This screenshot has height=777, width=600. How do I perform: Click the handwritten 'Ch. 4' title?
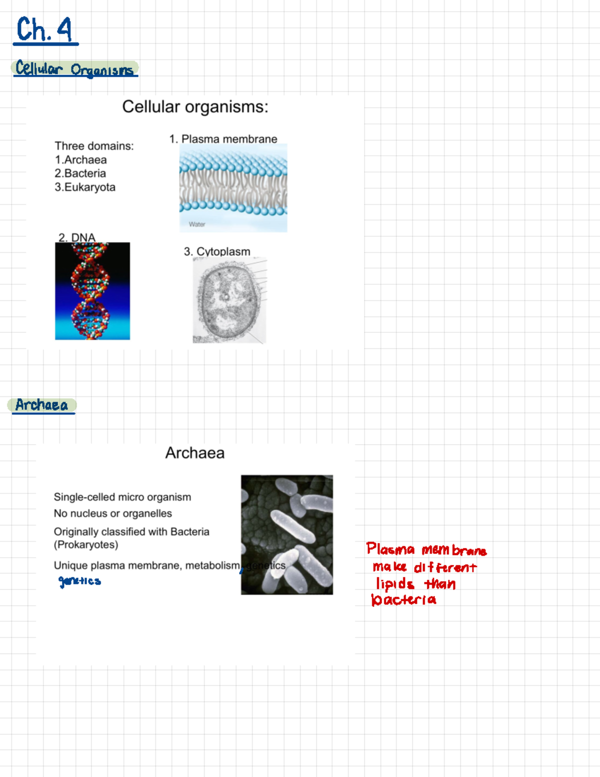[x=44, y=30]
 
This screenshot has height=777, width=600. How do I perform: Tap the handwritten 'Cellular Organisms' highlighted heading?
[x=74, y=69]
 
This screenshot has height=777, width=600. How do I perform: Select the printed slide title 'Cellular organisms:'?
[x=195, y=107]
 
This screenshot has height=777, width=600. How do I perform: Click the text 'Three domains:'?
[x=94, y=146]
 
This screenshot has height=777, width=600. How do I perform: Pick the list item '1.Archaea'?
[x=80, y=160]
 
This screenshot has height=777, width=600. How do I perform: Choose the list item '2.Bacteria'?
[x=80, y=173]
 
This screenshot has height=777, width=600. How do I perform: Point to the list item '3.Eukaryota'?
[x=85, y=187]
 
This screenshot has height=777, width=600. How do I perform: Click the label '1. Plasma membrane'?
[x=223, y=139]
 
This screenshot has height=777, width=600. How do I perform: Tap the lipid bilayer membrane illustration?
[x=233, y=185]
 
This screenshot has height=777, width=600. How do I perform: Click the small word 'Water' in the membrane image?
[x=197, y=224]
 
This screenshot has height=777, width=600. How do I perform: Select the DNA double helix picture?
[x=92, y=291]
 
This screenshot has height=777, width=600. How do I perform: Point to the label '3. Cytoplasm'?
[x=217, y=252]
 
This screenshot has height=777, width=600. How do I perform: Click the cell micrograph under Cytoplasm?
[x=229, y=300]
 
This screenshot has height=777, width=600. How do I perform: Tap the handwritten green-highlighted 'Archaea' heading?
[x=41, y=405]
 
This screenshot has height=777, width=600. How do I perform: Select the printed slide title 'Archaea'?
[x=194, y=453]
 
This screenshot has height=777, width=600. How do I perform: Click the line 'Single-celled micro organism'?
[x=122, y=497]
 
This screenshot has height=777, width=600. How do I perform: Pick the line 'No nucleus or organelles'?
[x=113, y=513]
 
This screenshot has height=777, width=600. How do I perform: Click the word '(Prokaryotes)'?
[x=86, y=544]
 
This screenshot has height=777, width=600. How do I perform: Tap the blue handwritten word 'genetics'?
[x=80, y=581]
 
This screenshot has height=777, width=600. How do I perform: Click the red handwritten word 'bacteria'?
[x=403, y=599]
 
